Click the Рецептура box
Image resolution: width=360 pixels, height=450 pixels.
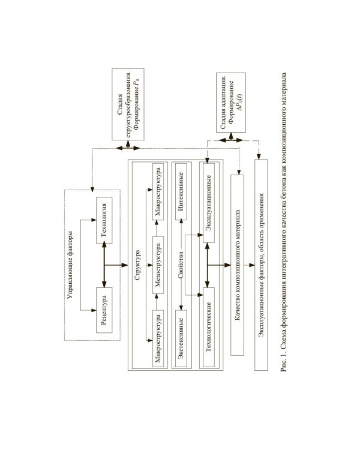coord(104,310)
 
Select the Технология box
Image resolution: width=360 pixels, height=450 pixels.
coord(104,220)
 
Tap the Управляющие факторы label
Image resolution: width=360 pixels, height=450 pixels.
coord(71,265)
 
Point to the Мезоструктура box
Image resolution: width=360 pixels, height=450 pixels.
coord(158,265)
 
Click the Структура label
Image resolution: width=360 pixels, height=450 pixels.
coord(137,265)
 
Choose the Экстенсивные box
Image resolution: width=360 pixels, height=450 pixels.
coord(181,338)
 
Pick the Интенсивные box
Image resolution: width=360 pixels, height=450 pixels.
coord(181,192)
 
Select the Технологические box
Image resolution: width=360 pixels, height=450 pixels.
coord(209,327)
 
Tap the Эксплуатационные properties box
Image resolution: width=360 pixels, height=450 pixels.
coord(209,203)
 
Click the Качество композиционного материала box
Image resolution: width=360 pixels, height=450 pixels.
coord(238,265)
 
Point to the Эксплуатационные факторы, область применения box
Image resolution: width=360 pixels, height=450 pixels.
coord(261,265)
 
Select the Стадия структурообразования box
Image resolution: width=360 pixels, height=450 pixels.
coord(128,104)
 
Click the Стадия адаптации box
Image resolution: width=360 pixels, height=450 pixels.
coord(231,103)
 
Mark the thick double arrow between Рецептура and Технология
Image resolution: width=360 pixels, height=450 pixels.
coord(104,265)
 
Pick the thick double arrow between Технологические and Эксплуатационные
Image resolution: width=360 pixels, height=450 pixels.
coord(206,265)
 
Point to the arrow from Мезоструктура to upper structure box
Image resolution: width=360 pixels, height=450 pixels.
coord(157,229)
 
